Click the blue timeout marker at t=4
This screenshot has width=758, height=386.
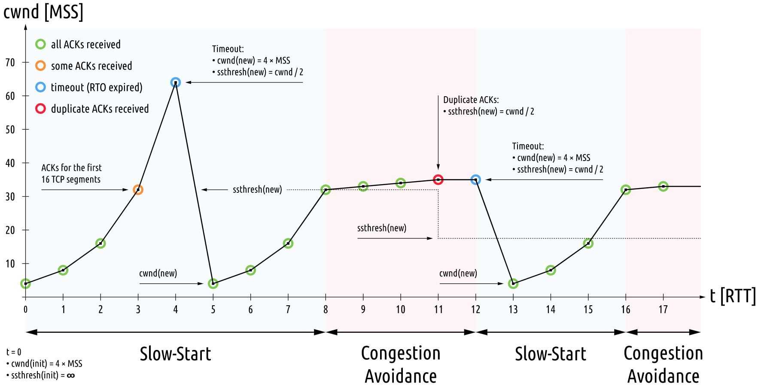[175, 82]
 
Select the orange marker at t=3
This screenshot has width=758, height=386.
[138, 189]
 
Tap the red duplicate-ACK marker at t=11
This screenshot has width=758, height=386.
[438, 179]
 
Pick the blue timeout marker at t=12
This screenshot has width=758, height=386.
[475, 179]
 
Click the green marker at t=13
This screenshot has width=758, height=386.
[513, 283]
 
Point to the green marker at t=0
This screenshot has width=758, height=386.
[26, 283]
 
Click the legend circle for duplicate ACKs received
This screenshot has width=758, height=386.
[40, 109]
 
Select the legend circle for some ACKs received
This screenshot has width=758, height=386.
[40, 66]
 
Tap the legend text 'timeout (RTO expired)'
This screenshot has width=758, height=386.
[96, 87]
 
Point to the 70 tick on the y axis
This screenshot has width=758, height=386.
[10, 63]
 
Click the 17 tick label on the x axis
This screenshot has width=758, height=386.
[663, 310]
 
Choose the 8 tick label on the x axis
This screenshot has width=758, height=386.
[326, 310]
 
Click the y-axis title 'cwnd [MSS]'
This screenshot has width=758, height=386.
[43, 12]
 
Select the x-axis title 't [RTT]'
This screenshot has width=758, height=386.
[733, 296]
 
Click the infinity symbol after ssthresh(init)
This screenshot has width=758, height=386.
[71, 376]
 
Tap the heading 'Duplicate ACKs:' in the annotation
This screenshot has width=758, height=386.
[471, 100]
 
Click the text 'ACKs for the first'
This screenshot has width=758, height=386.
[71, 167]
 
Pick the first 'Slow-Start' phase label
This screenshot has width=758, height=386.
[175, 354]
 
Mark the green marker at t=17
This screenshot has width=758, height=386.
[663, 186]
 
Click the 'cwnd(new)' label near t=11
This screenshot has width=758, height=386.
[458, 274]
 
